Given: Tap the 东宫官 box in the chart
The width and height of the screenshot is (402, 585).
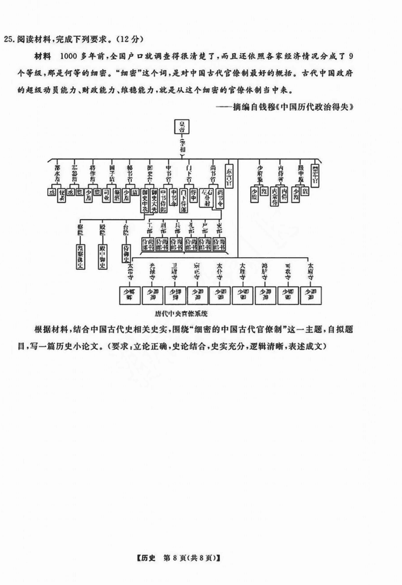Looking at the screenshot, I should click(229, 175).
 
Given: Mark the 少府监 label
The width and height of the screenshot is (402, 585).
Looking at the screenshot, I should click(260, 174).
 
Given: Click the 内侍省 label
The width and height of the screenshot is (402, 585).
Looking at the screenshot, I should click(280, 174).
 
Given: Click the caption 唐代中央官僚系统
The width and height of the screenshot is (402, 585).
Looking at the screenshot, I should click(181, 312).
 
